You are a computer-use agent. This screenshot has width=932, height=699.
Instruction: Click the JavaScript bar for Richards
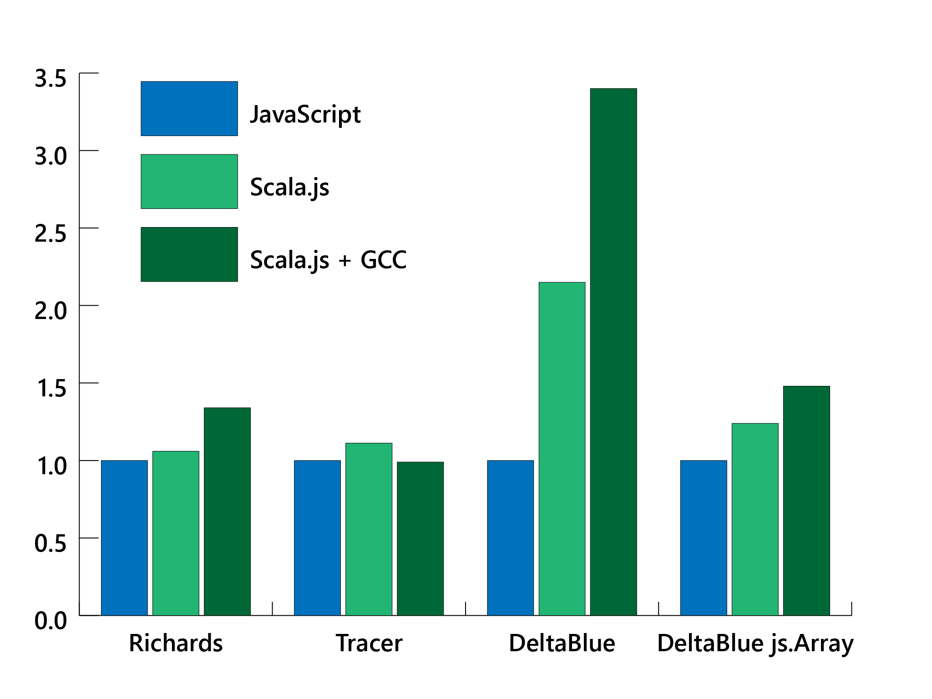click(x=124, y=538)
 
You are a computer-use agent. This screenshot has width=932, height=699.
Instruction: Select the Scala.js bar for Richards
click(x=176, y=533)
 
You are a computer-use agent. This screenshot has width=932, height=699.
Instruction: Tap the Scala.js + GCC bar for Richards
click(x=227, y=512)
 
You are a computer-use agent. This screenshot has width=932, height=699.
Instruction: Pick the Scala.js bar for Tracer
click(x=369, y=529)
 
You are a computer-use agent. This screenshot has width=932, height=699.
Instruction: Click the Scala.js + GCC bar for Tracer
click(x=420, y=539)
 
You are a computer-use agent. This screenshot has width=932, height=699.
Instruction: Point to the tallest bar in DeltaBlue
click(x=613, y=352)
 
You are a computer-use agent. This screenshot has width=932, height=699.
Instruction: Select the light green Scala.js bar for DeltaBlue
click(x=562, y=449)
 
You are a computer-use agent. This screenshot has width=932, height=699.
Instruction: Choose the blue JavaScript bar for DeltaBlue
click(x=510, y=538)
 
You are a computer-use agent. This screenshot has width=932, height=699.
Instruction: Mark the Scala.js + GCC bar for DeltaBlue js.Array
click(x=806, y=501)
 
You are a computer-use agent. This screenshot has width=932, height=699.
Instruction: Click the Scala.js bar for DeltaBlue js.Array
click(x=755, y=519)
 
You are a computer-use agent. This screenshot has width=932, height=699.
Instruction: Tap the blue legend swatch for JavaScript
click(x=189, y=108)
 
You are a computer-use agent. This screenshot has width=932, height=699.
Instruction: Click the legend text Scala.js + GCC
click(x=328, y=260)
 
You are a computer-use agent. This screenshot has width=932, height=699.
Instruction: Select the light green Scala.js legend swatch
click(x=189, y=181)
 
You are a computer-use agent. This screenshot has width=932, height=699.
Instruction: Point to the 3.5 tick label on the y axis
click(x=51, y=79)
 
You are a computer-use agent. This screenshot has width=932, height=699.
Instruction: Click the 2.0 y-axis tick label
click(x=51, y=311)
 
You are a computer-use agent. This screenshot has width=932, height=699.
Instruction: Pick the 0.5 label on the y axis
click(x=51, y=544)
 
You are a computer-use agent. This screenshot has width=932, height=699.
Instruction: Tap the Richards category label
click(x=176, y=643)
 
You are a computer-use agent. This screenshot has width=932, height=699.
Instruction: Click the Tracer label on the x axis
click(x=369, y=643)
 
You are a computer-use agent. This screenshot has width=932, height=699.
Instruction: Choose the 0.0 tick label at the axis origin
click(x=51, y=621)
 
